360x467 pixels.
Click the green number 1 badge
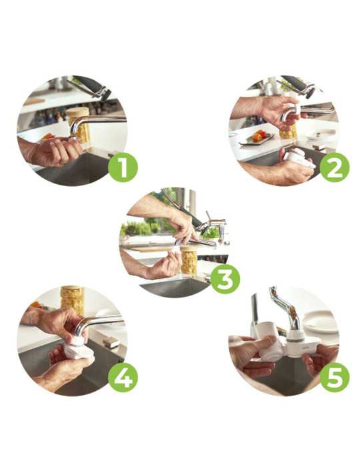point(123,167)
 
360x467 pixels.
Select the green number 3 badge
point(225,278)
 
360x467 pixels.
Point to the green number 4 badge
point(123,379)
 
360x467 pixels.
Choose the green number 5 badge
point(335,378)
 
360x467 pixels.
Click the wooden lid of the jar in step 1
point(77,112)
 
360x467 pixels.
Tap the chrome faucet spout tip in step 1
point(73,135)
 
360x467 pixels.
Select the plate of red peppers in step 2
point(257,138)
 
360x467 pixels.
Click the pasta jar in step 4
point(73,301)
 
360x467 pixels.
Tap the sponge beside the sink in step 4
point(111,343)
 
